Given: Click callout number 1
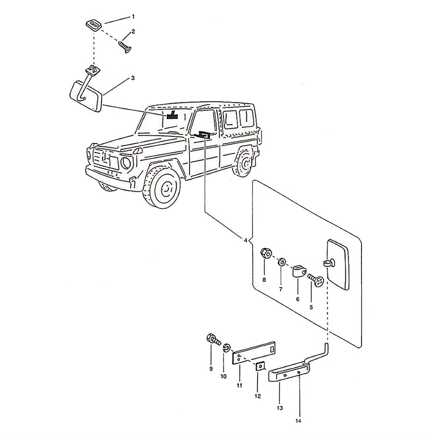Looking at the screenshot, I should (133, 16).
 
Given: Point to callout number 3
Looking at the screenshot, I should (133, 78).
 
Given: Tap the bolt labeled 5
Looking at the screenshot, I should (316, 280).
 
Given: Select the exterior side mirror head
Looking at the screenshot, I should (338, 264).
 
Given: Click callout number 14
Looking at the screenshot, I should (298, 420).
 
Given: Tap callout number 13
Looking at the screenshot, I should (279, 407).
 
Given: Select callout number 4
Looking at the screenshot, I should (246, 240).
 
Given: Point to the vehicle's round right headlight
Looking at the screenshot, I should (126, 164).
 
